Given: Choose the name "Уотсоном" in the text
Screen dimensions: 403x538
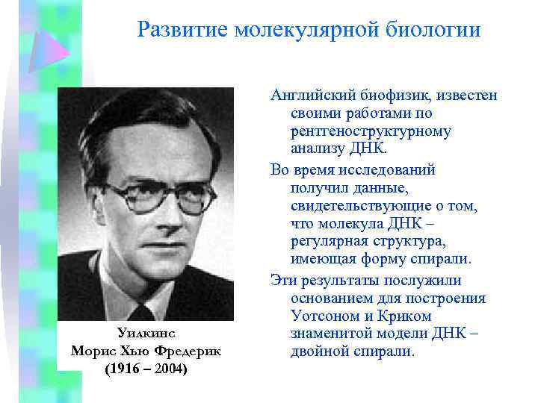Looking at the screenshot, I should point(322,316).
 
